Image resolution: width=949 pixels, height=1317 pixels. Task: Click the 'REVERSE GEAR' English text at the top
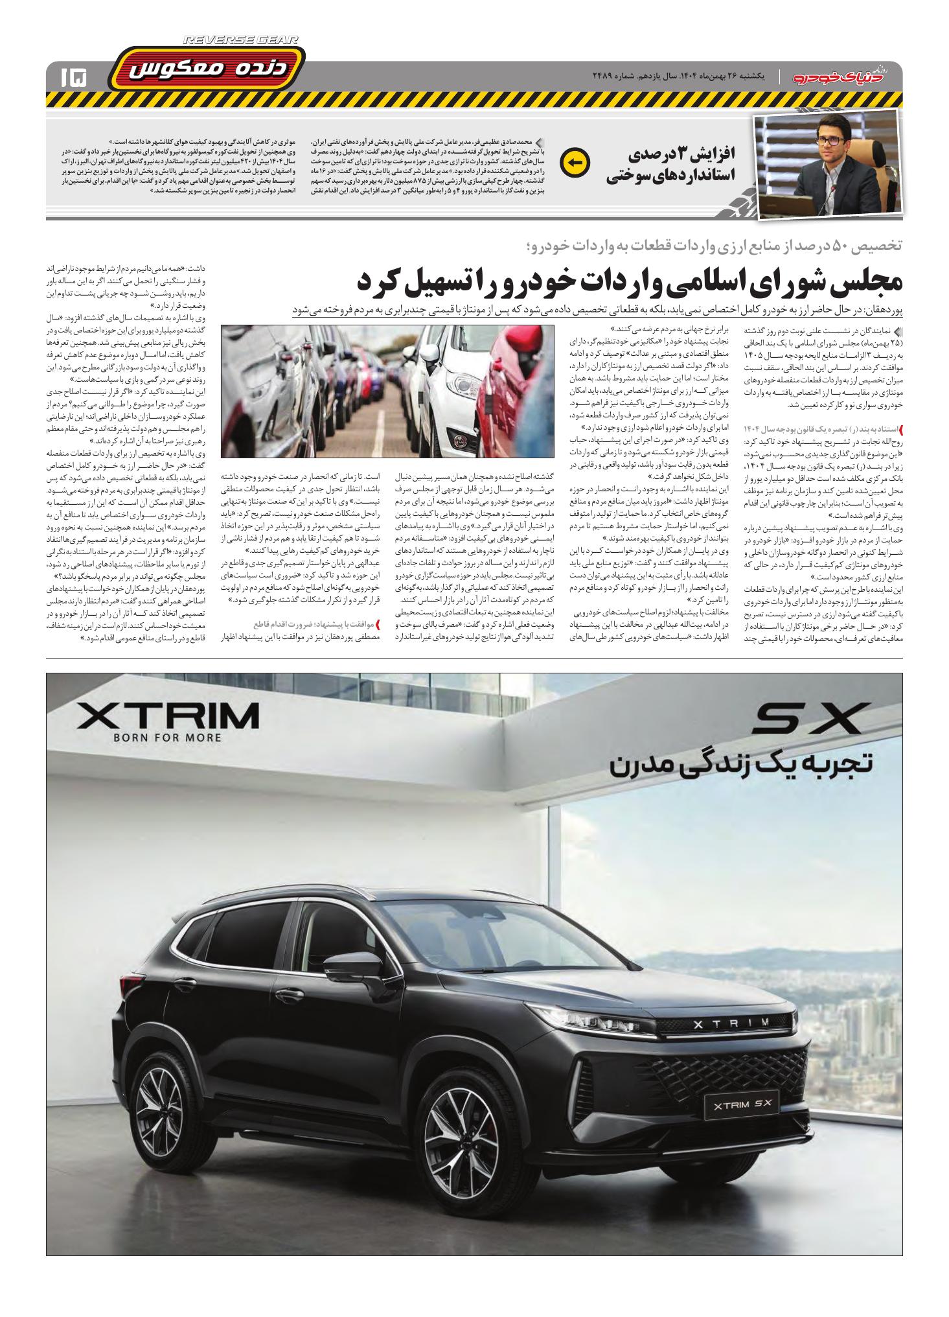pos(241,40)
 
